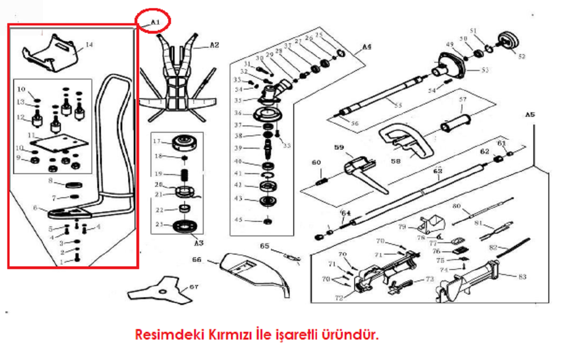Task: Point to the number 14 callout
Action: (89, 45)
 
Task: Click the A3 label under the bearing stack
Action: (198, 243)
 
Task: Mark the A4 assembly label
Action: (367, 47)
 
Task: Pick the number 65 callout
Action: (265, 246)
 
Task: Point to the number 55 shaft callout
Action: (398, 105)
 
